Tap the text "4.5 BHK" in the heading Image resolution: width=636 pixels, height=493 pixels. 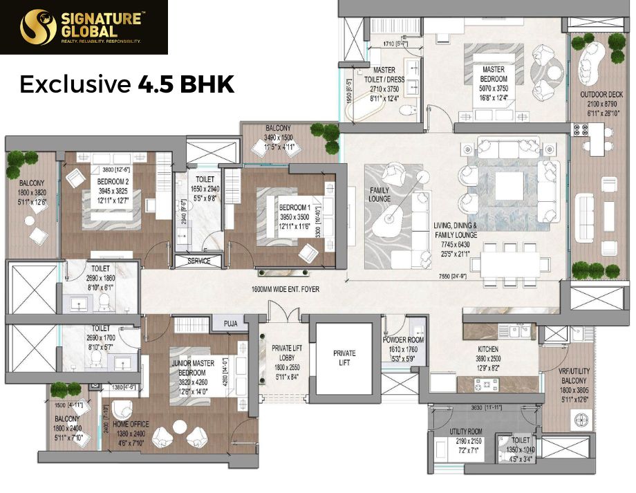(x=185, y=84)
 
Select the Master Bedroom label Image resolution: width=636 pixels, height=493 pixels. (x=493, y=74)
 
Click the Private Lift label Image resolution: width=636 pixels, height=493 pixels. (x=344, y=357)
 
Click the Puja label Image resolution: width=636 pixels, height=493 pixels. (x=230, y=323)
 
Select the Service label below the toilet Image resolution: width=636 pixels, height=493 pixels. (x=199, y=261)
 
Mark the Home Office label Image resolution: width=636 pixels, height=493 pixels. (x=130, y=425)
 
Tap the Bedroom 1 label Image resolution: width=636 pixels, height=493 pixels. (x=295, y=207)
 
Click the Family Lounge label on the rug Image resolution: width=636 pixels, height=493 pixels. (x=380, y=195)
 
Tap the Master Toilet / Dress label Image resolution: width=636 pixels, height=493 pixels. (x=384, y=73)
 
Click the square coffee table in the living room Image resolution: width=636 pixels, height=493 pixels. (x=514, y=183)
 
